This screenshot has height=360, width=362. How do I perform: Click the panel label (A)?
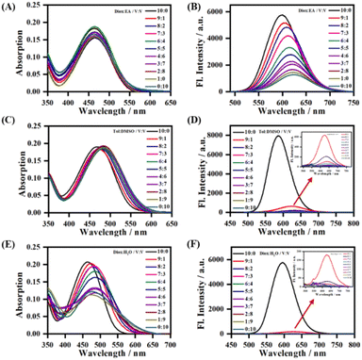(x=9, y=8)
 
